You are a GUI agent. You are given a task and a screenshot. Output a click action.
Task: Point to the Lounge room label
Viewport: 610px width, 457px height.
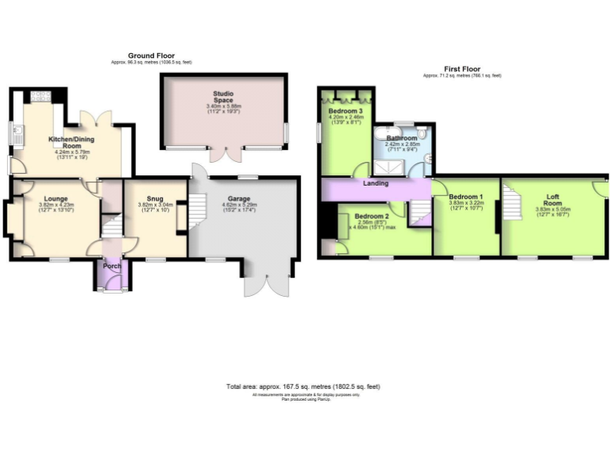tap(55, 198)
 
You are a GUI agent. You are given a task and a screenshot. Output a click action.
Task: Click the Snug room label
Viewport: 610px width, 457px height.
tap(155, 198)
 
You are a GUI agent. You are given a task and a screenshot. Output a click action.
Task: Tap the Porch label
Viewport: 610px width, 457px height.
tap(113, 266)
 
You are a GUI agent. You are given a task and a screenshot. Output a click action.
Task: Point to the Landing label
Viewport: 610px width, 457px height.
tap(376, 183)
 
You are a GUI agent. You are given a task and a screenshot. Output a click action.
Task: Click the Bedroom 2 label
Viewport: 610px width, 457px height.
tap(372, 216)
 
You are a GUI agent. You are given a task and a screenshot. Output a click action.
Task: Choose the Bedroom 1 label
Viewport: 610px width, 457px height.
tap(465, 196)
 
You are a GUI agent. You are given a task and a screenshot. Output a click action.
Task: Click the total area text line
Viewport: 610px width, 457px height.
tap(303, 386)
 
